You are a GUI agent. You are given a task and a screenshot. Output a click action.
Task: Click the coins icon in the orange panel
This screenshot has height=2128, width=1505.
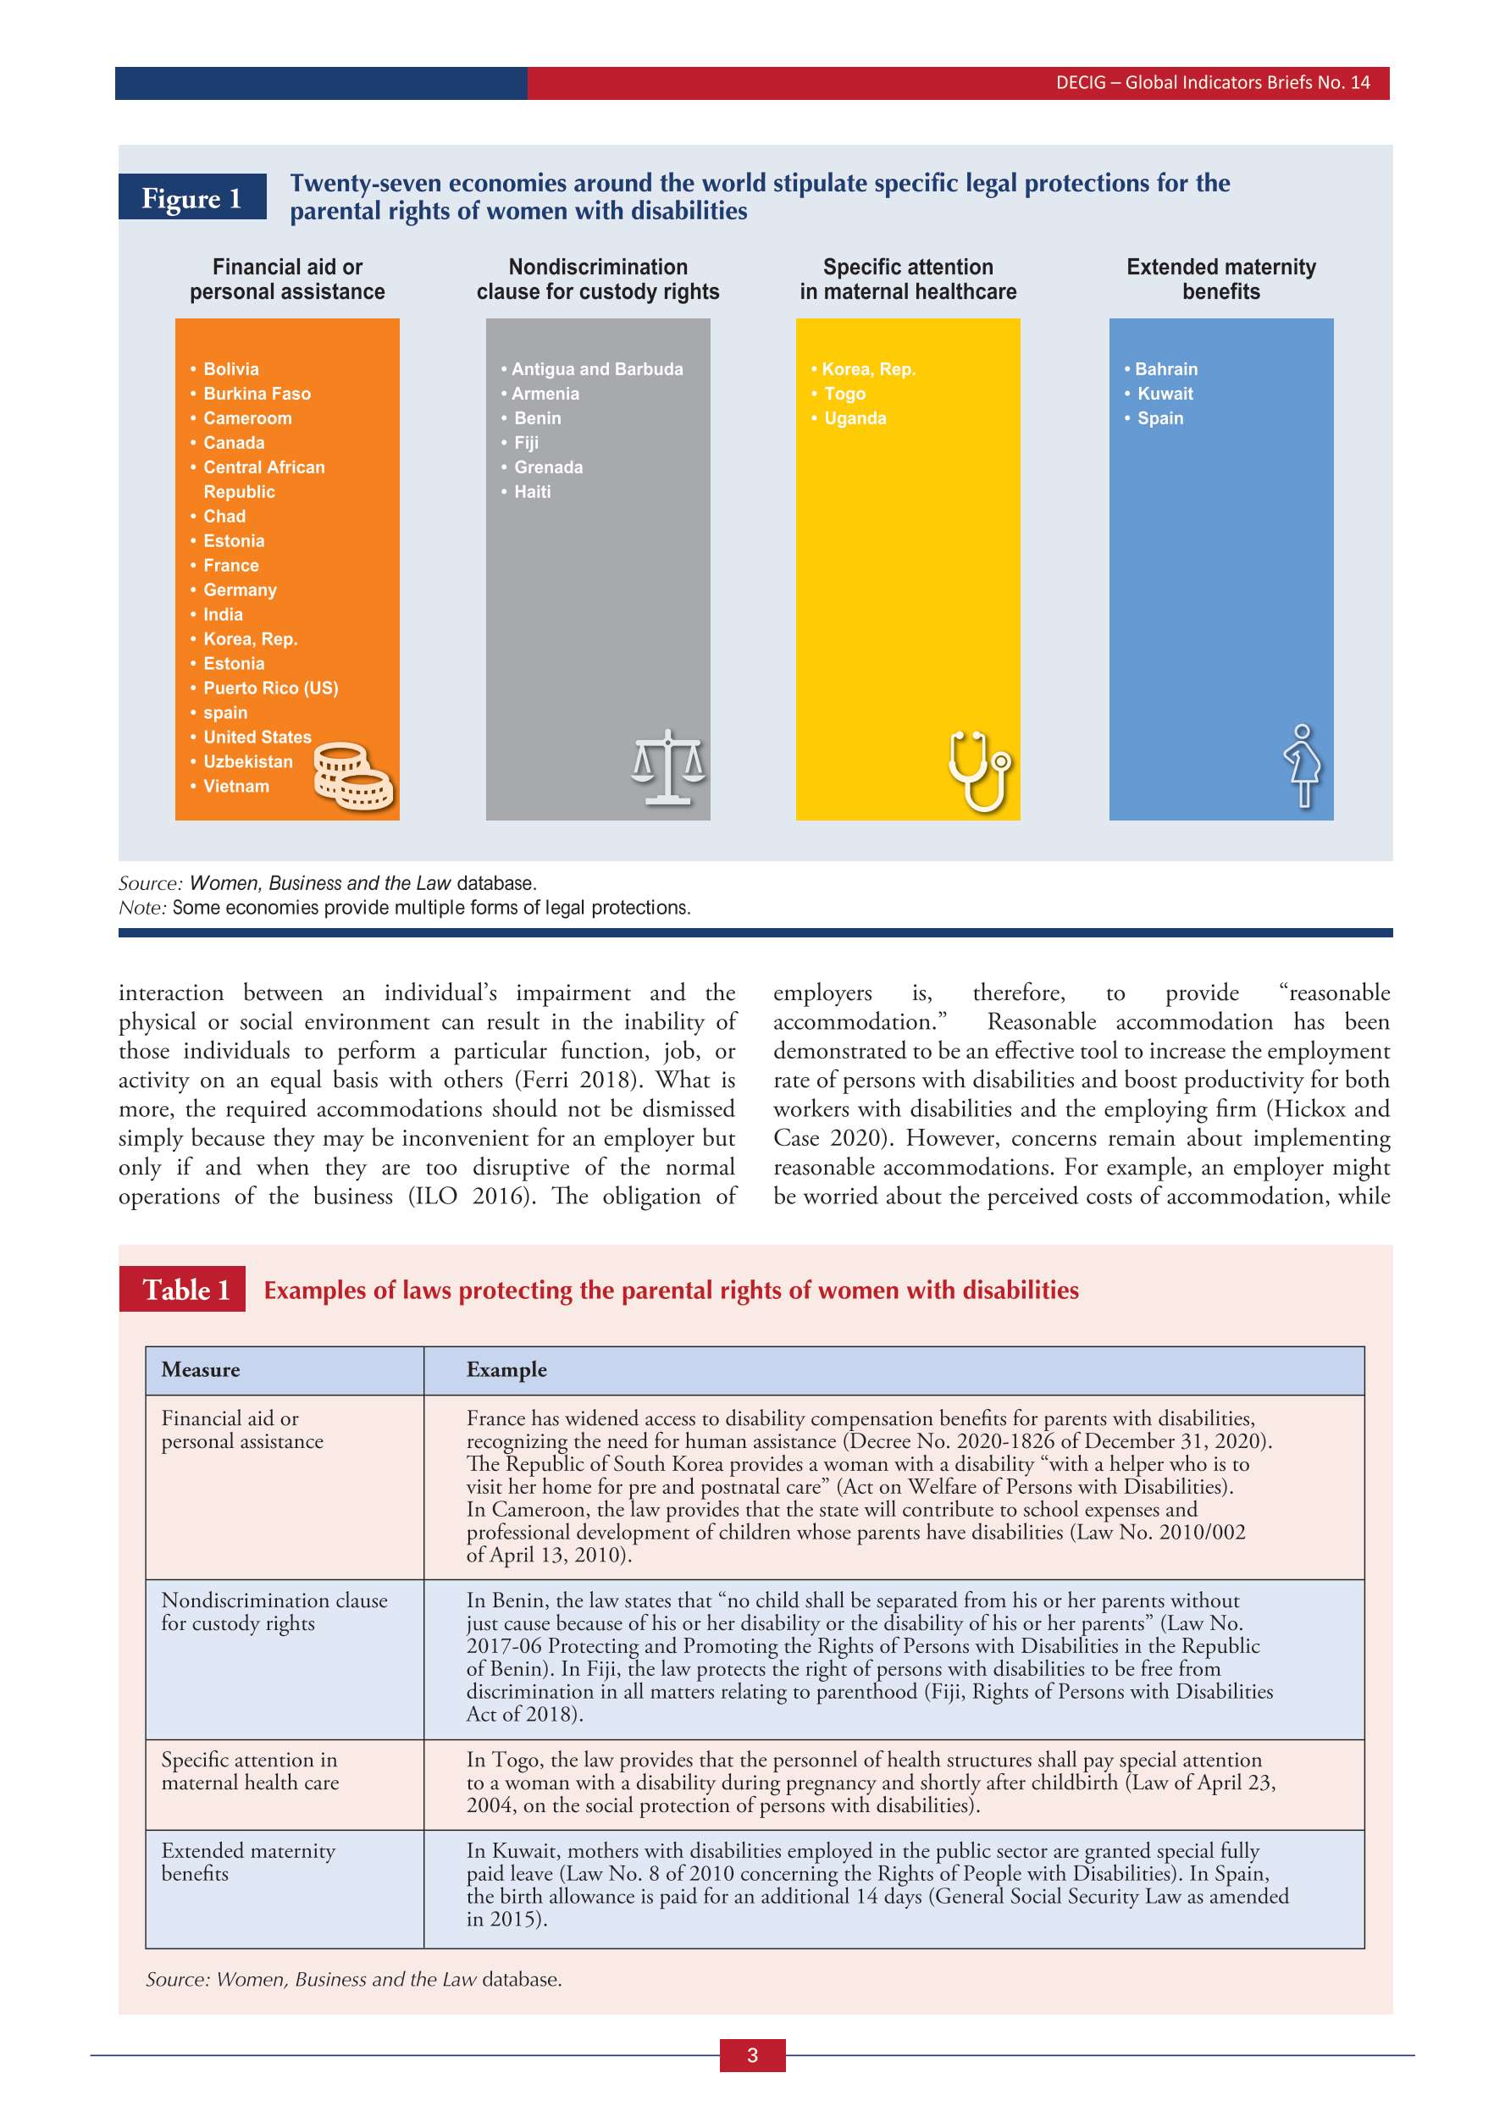(x=353, y=777)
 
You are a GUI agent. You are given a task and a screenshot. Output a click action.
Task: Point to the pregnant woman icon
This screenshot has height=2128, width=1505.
(x=1303, y=766)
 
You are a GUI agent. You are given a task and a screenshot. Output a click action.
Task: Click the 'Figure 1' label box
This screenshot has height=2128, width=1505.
(x=192, y=197)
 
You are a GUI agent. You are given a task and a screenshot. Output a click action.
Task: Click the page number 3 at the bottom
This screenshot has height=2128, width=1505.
(x=752, y=2055)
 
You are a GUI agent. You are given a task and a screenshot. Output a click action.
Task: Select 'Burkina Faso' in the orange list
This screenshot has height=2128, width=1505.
(x=257, y=394)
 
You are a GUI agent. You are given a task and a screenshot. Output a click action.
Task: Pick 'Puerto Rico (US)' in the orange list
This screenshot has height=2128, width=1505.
(x=271, y=688)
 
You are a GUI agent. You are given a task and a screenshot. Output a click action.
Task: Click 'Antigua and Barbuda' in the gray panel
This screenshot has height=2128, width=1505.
(x=597, y=369)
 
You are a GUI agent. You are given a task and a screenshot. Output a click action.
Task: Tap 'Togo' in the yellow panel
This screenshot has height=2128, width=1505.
(x=844, y=394)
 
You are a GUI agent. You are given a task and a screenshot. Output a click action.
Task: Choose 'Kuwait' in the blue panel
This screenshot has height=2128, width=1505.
(x=1165, y=394)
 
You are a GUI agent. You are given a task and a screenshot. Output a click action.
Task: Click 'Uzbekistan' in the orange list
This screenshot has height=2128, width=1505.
(x=247, y=762)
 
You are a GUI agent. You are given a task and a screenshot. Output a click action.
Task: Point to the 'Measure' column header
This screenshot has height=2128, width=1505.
(x=200, y=1370)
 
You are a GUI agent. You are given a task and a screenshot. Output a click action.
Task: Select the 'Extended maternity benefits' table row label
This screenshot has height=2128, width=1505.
(x=247, y=1861)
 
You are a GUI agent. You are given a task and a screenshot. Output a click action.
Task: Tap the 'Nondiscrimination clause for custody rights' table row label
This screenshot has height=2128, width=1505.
(x=274, y=1611)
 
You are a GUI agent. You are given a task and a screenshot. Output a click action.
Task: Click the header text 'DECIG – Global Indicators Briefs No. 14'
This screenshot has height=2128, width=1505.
(x=1212, y=82)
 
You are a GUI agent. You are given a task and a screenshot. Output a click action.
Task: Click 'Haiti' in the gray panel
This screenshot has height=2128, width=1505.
(x=532, y=492)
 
